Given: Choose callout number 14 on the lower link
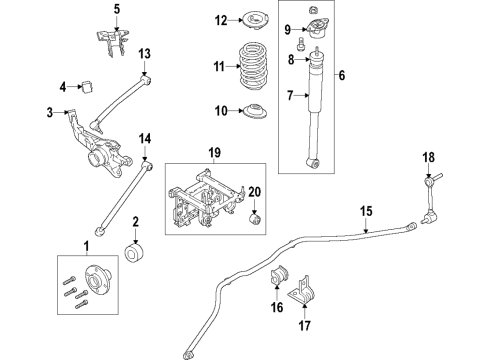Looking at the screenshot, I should point(144,138).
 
